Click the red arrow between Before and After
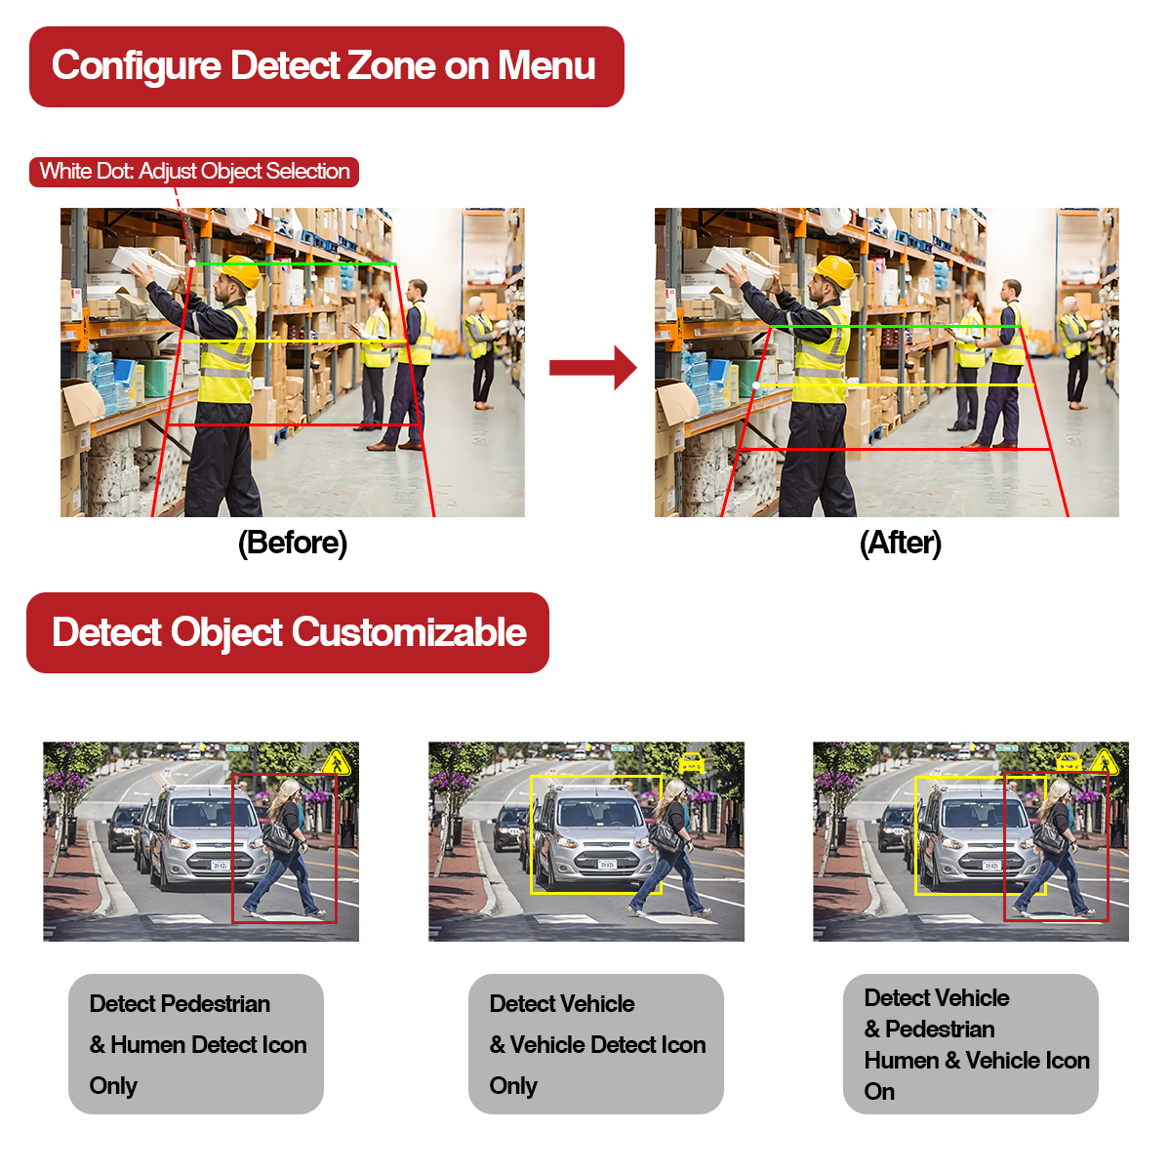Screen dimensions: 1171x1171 (x=592, y=368)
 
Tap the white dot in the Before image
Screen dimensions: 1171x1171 (x=192, y=263)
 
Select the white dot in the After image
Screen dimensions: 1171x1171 (x=756, y=385)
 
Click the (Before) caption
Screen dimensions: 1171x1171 (x=293, y=543)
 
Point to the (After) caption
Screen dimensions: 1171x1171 (x=900, y=543)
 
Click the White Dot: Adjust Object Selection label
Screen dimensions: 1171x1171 (x=194, y=172)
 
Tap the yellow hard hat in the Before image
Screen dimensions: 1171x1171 (x=240, y=270)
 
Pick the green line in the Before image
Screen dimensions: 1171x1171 (x=296, y=263)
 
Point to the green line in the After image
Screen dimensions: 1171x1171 (x=895, y=327)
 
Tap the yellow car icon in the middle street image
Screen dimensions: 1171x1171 (x=692, y=762)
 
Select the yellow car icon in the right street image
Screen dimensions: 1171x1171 (x=1069, y=762)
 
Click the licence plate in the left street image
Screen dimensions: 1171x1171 (x=220, y=866)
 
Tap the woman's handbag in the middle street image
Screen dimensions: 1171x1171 (x=666, y=836)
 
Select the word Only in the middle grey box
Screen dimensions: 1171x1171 (x=513, y=1086)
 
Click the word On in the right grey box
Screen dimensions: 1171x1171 (x=879, y=1092)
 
